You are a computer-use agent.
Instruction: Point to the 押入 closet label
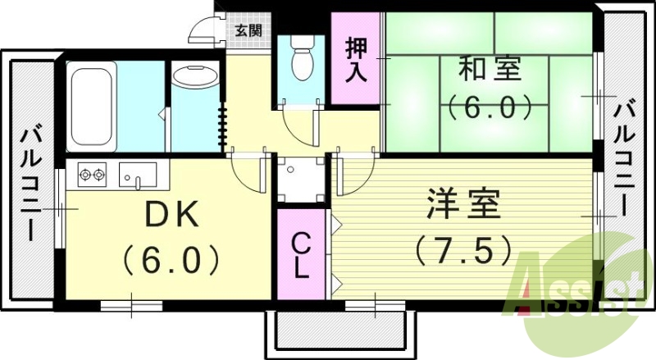(356, 57)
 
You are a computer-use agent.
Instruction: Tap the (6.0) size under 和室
(489, 107)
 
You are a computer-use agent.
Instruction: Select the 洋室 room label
(462, 203)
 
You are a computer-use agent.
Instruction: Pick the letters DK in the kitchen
(171, 216)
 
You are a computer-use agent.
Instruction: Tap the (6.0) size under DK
(171, 261)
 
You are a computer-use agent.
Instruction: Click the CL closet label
(302, 254)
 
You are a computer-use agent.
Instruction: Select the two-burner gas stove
(93, 174)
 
